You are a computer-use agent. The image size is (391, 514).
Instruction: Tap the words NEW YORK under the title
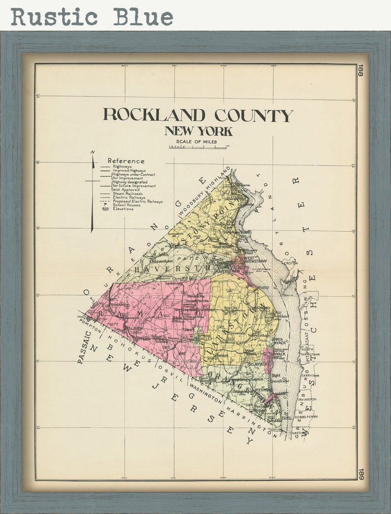click(198, 131)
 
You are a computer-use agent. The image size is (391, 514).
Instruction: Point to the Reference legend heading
click(126, 161)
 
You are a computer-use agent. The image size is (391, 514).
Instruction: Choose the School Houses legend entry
click(127, 205)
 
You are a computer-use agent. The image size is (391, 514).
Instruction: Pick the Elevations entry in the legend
click(123, 209)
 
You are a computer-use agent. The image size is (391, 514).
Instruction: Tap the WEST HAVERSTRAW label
click(255, 259)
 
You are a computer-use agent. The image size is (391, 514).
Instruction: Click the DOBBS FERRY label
click(306, 417)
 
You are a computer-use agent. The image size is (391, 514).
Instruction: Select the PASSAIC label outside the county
click(84, 347)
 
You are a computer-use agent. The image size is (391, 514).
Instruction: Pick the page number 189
click(360, 474)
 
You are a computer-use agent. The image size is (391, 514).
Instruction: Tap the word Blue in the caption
click(143, 17)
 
